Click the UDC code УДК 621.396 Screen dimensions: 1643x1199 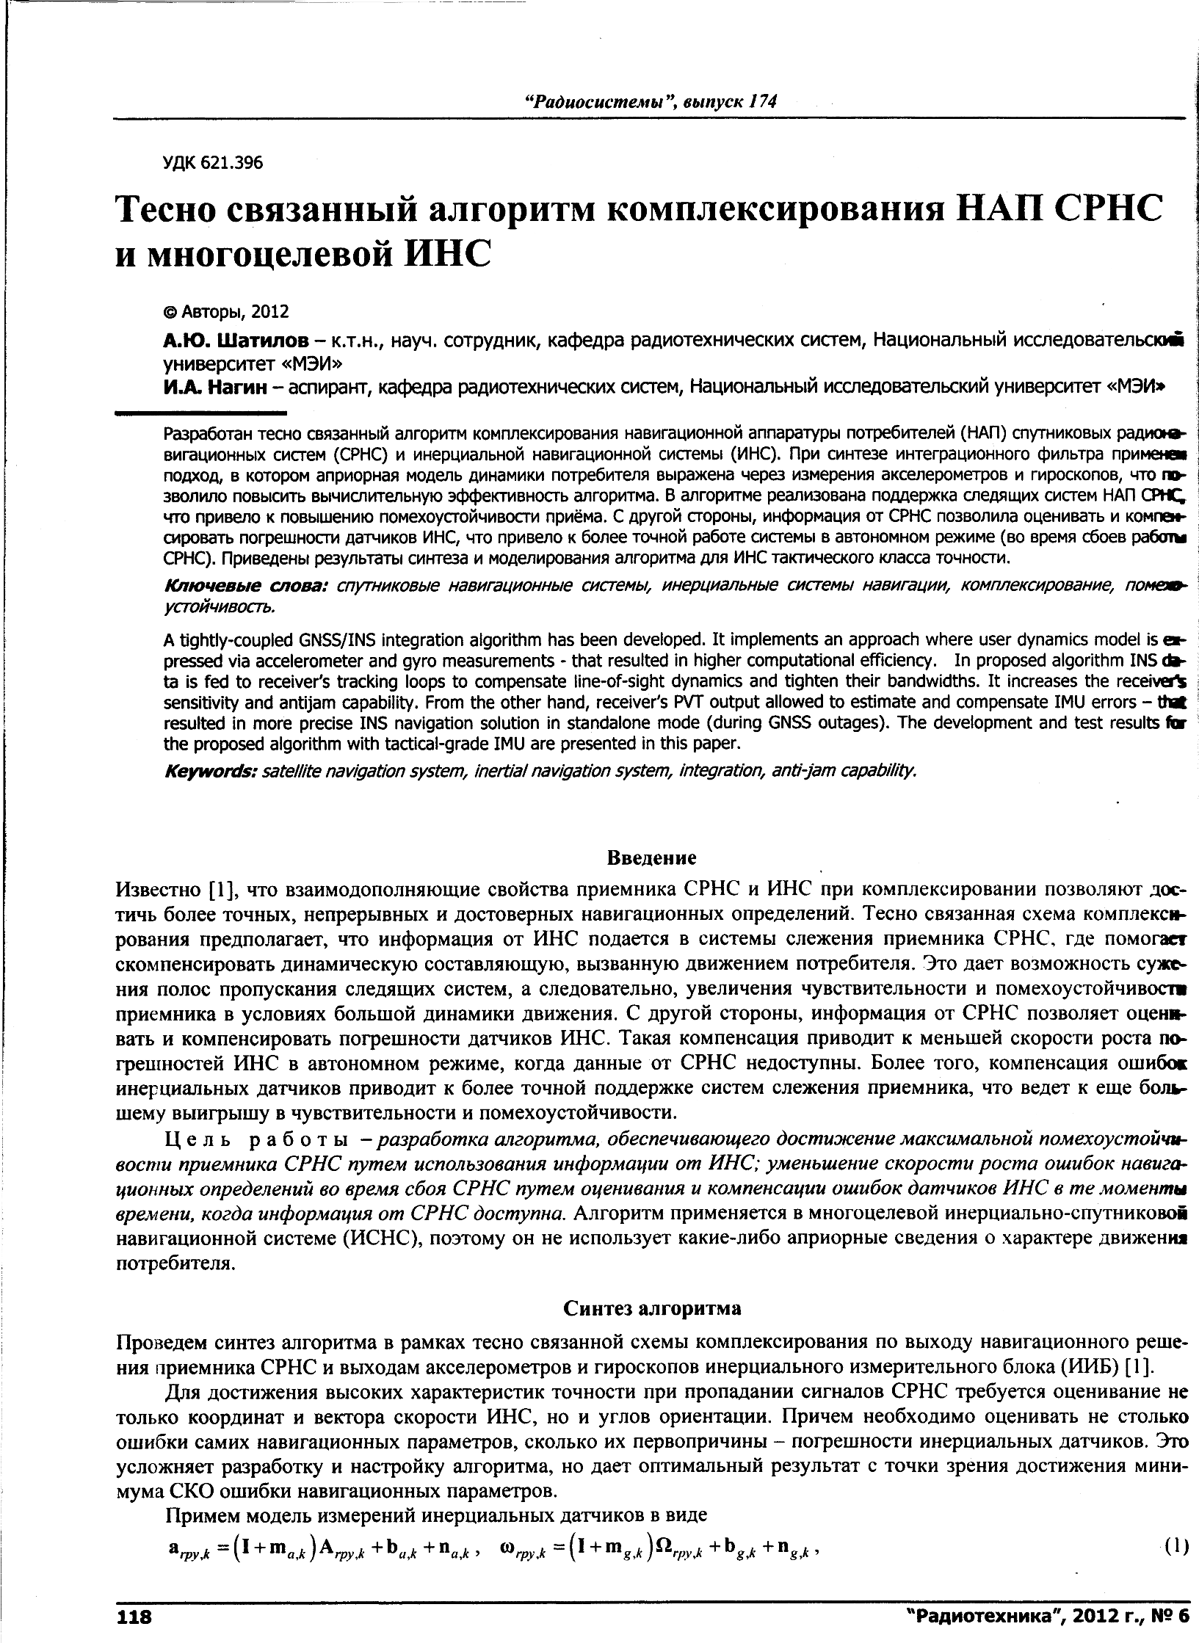click(x=212, y=162)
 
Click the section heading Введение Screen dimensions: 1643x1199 click(x=652, y=857)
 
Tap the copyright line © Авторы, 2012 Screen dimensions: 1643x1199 click(x=226, y=311)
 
